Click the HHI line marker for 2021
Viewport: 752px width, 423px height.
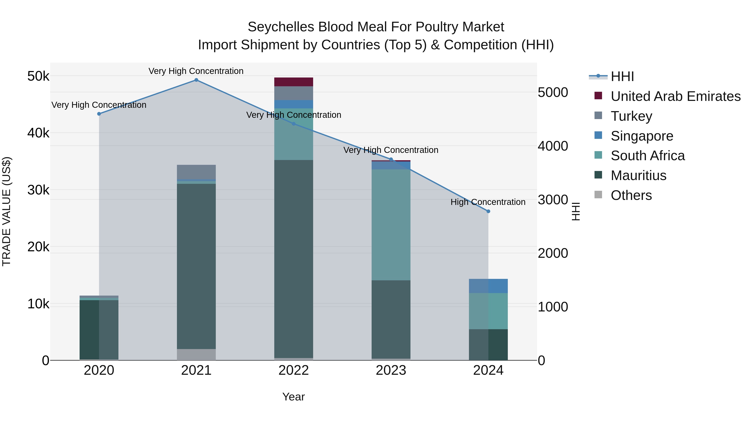[x=196, y=80]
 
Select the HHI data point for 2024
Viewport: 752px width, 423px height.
[x=488, y=211]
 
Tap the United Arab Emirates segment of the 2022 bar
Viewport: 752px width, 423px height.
[x=293, y=82]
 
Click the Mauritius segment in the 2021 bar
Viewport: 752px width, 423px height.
[x=196, y=266]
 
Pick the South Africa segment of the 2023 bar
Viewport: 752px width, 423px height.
[x=391, y=225]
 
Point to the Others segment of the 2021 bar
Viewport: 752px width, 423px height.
[x=196, y=354]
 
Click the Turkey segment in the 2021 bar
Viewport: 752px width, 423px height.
[x=196, y=172]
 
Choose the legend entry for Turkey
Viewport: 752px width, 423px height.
[x=631, y=116]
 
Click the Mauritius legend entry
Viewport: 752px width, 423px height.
[x=638, y=175]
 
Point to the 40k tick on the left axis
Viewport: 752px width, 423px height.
[x=38, y=133]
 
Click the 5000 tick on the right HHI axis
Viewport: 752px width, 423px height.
[x=553, y=93]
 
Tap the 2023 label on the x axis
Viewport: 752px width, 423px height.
[x=391, y=370]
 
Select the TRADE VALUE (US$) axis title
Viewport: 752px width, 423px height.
[x=6, y=211]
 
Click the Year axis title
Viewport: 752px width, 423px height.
[x=293, y=397]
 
